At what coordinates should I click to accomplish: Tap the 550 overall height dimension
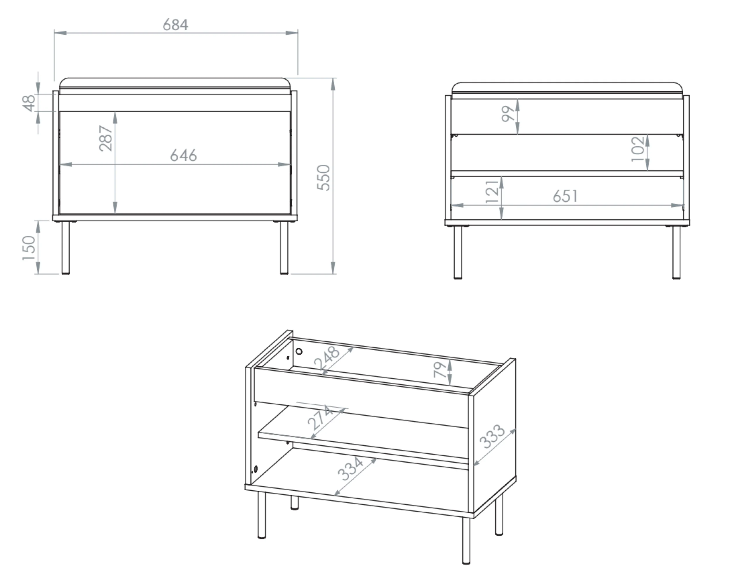323,178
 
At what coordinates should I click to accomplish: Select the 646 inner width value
183,155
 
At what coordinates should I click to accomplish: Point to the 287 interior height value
106,138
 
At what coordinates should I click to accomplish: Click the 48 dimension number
29,103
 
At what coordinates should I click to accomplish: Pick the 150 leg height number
29,248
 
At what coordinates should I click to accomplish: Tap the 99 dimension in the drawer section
508,114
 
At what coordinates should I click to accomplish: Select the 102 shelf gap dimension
638,149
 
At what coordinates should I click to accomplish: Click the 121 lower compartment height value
492,191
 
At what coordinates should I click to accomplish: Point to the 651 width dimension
565,196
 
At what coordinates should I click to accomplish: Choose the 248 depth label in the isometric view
326,358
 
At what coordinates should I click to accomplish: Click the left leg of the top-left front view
66,248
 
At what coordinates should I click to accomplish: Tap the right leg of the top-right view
676,252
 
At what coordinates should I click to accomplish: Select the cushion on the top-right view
567,87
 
